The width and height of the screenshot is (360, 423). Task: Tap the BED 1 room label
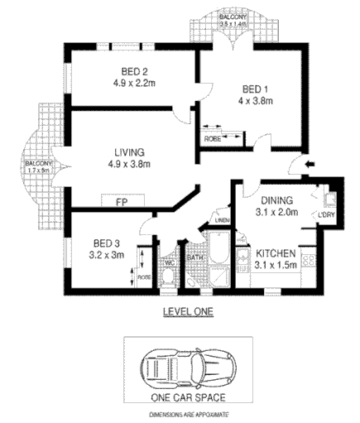coord(257,89)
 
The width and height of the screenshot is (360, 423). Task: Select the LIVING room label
coord(130,152)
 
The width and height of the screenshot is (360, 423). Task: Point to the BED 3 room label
coord(107,243)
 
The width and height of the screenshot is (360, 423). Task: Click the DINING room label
coord(276,200)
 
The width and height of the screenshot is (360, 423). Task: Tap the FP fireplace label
coord(121,201)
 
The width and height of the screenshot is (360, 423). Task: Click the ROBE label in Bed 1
coord(213,140)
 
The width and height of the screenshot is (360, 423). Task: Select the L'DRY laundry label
coord(326,217)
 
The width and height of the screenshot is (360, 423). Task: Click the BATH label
coord(195,257)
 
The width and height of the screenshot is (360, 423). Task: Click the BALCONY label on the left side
coord(36,164)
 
